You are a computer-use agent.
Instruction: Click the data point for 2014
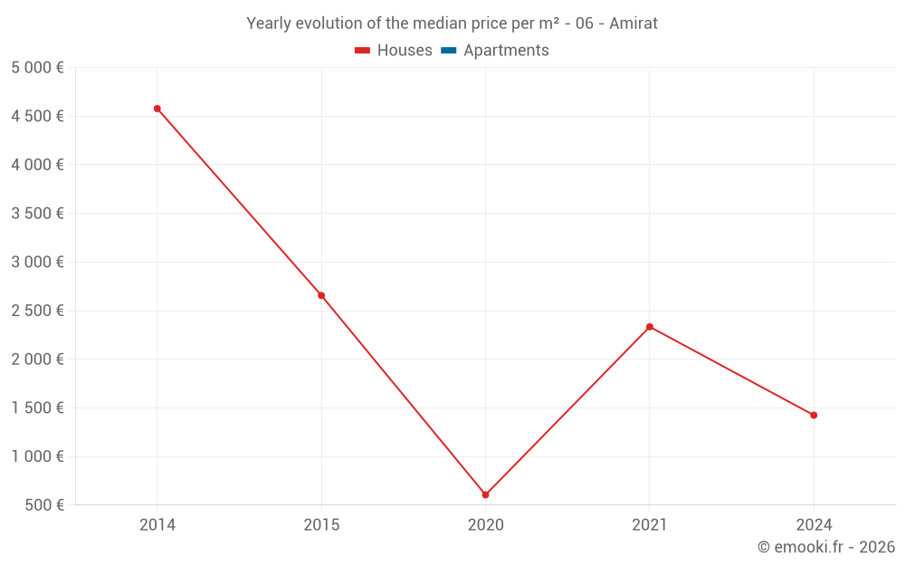[x=157, y=109]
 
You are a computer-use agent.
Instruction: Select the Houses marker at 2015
[x=321, y=296]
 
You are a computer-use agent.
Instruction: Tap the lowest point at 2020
[x=485, y=495]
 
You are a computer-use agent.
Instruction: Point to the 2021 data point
[x=650, y=327]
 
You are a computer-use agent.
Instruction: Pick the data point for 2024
[x=814, y=416]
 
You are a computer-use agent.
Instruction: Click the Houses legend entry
[x=393, y=50]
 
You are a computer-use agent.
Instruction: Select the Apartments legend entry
[x=495, y=50]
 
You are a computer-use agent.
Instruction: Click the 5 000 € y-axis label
[x=37, y=68]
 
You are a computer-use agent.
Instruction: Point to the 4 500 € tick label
[x=37, y=116]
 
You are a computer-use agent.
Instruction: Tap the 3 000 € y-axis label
[x=37, y=263]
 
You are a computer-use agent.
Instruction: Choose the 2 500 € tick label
[x=37, y=311]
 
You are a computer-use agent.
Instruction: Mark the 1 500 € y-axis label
[x=37, y=408]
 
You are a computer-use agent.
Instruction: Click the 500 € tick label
[x=44, y=505]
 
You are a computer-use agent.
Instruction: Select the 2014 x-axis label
[x=157, y=525]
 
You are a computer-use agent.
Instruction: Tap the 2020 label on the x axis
[x=486, y=525]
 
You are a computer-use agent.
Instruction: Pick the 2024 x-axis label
[x=814, y=525]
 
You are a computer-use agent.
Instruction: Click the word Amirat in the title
[x=633, y=24]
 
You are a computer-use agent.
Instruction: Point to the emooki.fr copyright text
[x=826, y=547]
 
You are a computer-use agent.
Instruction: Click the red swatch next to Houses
[x=363, y=51]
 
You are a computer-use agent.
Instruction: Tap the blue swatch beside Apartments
[x=449, y=51]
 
